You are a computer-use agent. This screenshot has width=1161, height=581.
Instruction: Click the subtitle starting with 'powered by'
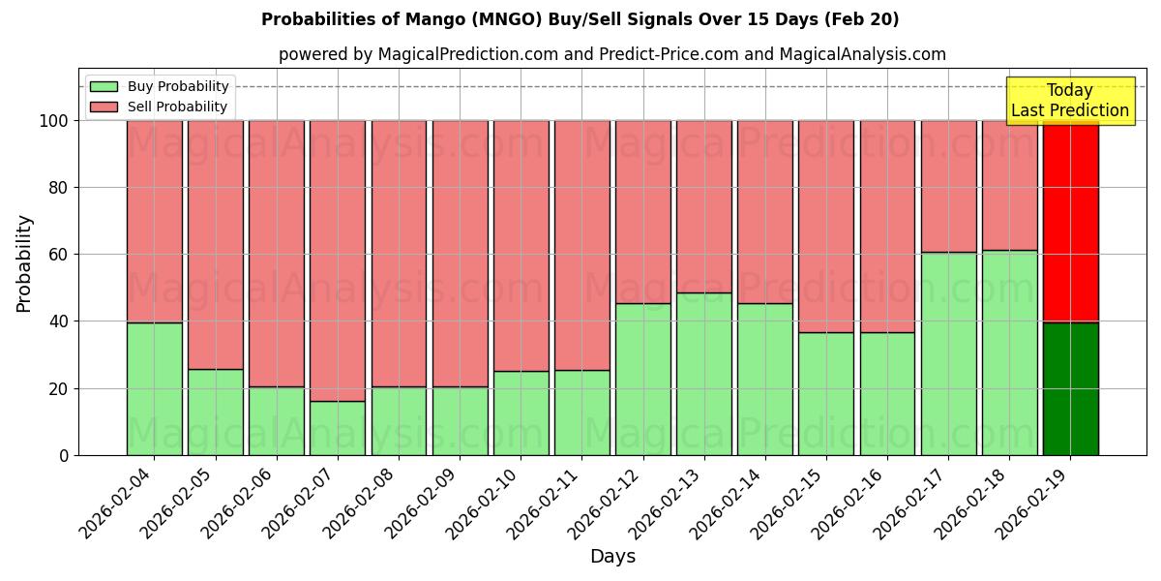(x=611, y=54)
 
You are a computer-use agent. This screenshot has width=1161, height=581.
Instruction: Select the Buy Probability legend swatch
(x=104, y=87)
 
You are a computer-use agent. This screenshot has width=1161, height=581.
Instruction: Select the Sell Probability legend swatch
(x=104, y=107)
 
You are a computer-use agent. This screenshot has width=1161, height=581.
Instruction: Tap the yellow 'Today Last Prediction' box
(x=1069, y=101)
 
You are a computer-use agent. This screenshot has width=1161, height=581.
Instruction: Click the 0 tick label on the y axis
(x=64, y=455)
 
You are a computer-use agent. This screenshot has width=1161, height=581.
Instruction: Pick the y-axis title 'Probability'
(x=24, y=263)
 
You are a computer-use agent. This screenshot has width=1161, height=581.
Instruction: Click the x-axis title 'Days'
(x=612, y=557)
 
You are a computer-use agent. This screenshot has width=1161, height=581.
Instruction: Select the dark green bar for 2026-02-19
(x=1070, y=388)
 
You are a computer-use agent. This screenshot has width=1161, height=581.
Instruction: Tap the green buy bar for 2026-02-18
(x=1009, y=352)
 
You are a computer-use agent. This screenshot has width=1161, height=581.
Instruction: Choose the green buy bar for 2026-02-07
(x=338, y=428)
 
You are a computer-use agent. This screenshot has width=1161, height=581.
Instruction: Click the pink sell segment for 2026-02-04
(x=154, y=221)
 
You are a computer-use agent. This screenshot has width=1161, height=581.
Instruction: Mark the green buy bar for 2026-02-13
(x=704, y=374)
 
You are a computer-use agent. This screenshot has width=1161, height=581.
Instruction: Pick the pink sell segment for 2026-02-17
(x=948, y=186)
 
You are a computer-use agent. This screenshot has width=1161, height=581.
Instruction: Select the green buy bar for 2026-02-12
(x=642, y=379)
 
